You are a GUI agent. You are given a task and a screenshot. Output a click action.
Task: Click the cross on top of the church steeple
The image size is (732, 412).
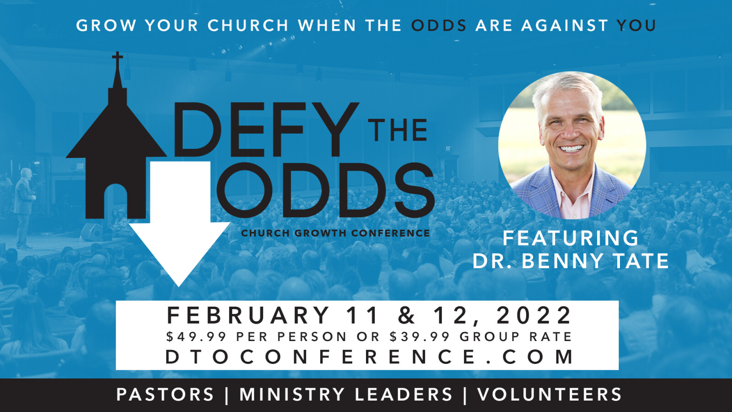(118, 60)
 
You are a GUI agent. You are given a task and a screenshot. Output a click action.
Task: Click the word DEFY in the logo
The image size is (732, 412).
(266, 130)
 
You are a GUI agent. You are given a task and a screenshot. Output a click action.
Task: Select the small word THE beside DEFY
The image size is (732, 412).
(398, 130)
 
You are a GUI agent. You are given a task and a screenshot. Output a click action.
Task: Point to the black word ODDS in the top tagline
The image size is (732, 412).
(439, 26)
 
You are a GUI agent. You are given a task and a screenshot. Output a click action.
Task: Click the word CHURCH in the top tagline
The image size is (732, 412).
(248, 26)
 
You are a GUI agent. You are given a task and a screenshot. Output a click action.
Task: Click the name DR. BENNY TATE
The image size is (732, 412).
(571, 260)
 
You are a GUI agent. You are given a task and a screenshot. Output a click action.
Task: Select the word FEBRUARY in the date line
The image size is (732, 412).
(248, 315)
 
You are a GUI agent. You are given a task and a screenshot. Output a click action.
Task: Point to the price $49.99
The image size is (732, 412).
(196, 336)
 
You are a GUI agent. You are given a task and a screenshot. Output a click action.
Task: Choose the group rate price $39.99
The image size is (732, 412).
(420, 336)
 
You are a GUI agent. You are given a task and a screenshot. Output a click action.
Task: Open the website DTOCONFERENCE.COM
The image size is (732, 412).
(369, 357)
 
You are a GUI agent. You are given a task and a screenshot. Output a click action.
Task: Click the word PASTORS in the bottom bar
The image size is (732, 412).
(165, 394)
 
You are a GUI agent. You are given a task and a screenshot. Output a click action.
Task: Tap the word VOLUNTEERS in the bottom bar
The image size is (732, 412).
(549, 394)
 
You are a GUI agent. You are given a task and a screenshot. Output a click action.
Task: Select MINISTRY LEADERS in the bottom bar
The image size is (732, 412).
(346, 394)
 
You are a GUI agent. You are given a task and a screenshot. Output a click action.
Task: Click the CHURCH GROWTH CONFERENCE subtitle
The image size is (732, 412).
(335, 233)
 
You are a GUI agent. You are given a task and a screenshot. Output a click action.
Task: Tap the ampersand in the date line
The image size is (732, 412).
(406, 315)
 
